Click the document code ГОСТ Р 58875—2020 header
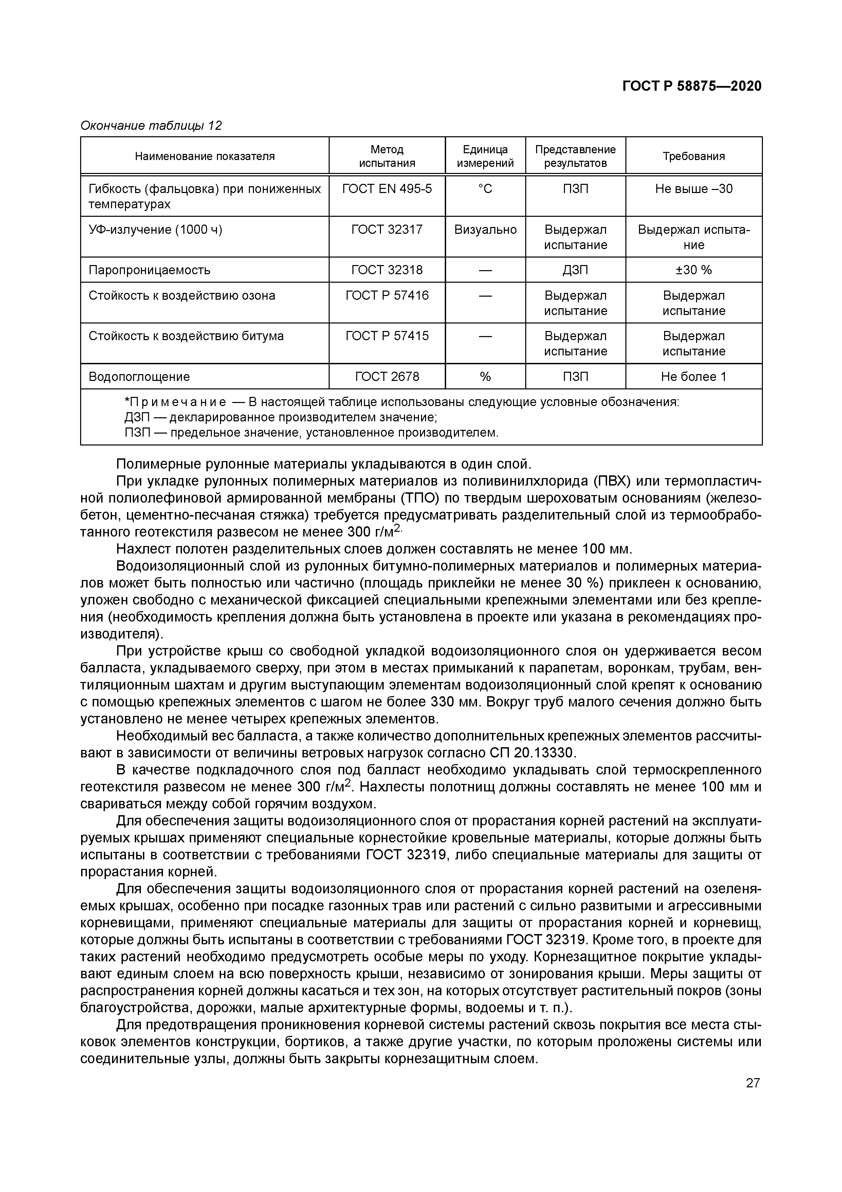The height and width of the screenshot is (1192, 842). coord(692,86)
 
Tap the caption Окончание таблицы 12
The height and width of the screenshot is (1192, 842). coord(151,126)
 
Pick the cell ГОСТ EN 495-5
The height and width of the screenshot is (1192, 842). coord(387,189)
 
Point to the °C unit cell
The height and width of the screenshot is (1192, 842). coord(485,189)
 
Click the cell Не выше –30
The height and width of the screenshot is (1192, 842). coord(694,189)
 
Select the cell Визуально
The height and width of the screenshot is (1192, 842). coord(485,229)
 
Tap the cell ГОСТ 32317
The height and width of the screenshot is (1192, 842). coord(387,229)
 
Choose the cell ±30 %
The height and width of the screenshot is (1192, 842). coord(694,270)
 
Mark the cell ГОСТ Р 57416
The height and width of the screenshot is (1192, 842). coord(387,295)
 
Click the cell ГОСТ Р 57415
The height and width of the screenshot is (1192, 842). coord(387,336)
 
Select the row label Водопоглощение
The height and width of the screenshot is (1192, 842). coord(139,377)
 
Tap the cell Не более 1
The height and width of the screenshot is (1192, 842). coord(694,377)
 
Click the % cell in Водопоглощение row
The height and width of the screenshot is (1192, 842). coord(485,377)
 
